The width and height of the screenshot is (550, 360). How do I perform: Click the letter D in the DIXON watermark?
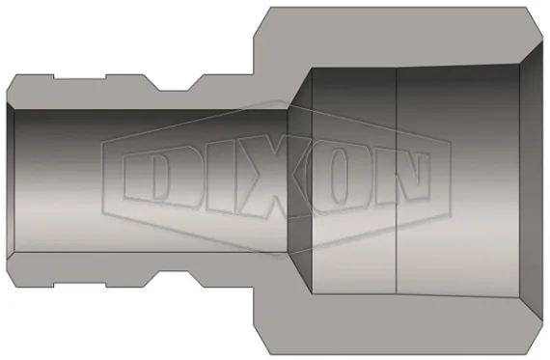152,180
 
